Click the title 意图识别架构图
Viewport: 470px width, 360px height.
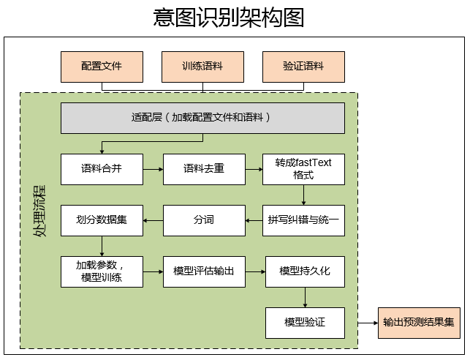click(228, 18)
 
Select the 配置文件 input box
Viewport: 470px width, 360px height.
click(102, 67)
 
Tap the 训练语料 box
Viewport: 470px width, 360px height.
click(202, 67)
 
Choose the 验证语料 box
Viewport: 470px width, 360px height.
click(303, 67)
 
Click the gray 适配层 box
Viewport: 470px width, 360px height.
click(202, 118)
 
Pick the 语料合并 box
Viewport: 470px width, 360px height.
click(102, 168)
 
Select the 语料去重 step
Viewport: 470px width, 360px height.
click(203, 168)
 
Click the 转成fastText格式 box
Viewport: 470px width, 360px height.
click(303, 169)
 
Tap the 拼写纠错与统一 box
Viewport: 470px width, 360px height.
click(304, 220)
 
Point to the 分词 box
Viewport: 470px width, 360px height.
click(203, 220)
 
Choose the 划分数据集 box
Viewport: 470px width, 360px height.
click(102, 220)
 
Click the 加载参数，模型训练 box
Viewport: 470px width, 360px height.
click(102, 271)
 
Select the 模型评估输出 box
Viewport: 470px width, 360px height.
click(203, 271)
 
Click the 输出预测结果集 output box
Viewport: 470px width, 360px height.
click(419, 322)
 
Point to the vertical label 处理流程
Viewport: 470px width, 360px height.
click(38, 212)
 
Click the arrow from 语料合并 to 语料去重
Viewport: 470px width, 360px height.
click(152, 169)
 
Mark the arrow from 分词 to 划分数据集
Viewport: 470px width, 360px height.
click(152, 220)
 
